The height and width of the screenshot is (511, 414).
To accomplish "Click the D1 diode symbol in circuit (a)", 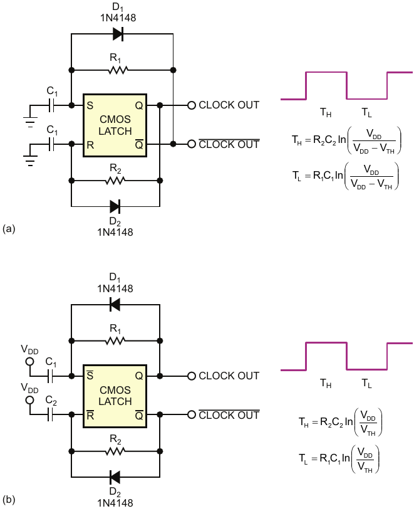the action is click(x=118, y=34).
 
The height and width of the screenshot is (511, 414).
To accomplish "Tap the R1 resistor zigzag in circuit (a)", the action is click(x=118, y=70).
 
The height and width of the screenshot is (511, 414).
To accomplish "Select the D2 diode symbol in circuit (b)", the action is click(x=115, y=477).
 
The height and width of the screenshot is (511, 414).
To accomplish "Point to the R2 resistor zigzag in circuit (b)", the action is click(x=115, y=451).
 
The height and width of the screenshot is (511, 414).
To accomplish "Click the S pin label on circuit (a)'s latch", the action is click(x=90, y=105).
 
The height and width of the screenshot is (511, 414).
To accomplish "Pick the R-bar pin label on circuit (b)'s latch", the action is click(x=90, y=415).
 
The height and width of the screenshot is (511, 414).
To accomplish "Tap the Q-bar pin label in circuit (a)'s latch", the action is click(x=139, y=144).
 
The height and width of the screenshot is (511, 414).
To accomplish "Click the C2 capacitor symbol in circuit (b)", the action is click(x=50, y=415).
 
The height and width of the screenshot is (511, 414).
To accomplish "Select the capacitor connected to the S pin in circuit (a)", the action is click(x=51, y=105).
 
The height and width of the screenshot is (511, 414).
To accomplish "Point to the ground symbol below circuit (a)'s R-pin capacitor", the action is click(x=30, y=161).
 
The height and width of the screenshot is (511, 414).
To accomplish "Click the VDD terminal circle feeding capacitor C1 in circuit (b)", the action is click(x=29, y=361).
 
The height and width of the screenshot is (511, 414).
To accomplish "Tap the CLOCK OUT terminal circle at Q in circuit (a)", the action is click(x=192, y=105).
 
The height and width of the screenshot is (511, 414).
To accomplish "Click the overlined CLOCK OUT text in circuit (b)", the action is click(x=229, y=415).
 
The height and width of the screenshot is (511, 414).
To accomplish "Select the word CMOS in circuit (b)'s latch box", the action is click(x=115, y=390).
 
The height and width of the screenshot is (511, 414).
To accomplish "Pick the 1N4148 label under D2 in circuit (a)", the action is click(x=115, y=232).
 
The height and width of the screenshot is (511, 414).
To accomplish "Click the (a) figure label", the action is click(x=9, y=229).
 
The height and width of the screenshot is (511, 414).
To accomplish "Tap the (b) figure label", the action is click(x=9, y=500).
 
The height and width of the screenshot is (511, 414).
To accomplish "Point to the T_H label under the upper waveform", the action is click(x=326, y=112).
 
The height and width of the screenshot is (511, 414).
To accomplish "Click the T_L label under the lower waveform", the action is click(x=366, y=383).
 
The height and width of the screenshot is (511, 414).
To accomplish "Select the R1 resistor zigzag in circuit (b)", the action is click(x=115, y=341).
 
